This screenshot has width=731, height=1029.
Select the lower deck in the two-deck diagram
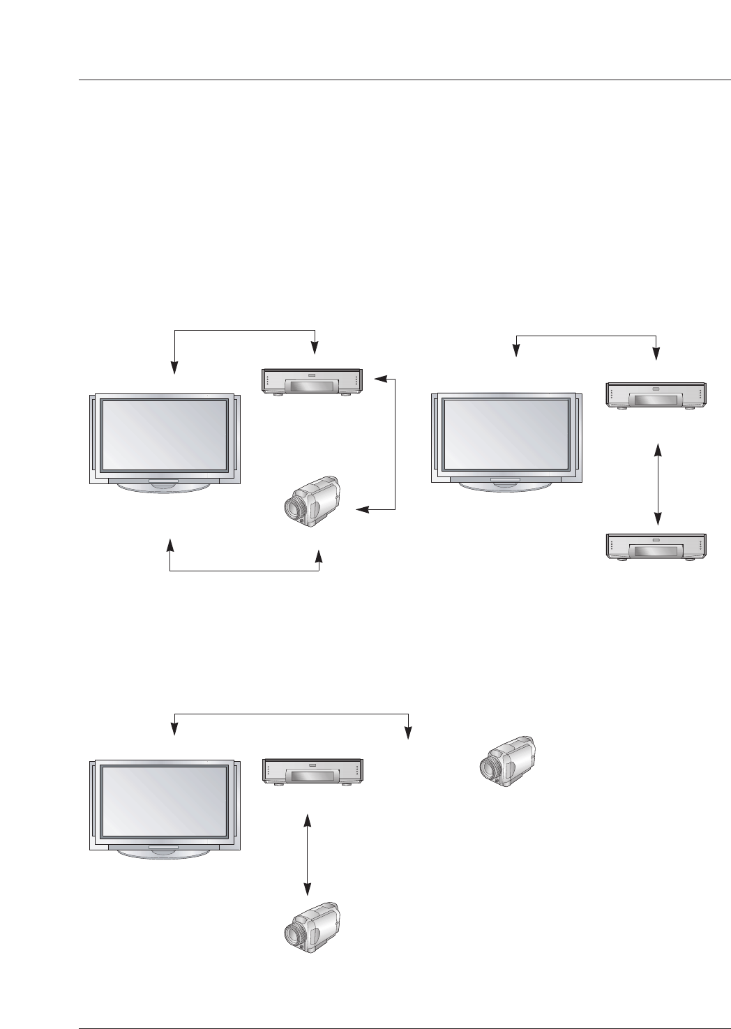tap(656, 546)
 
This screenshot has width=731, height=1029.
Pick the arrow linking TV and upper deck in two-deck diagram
tap(586, 336)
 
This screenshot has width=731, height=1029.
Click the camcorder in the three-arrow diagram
tap(312, 501)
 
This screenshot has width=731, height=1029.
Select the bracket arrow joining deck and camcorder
tap(394, 444)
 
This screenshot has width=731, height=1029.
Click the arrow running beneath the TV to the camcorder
tap(245, 572)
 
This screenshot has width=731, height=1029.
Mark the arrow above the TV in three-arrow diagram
tap(244, 329)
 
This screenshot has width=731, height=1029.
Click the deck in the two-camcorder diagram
tap(311, 771)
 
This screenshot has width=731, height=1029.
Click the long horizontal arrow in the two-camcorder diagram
tap(290, 714)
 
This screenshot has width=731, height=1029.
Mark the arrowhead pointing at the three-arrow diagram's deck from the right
tap(379, 380)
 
